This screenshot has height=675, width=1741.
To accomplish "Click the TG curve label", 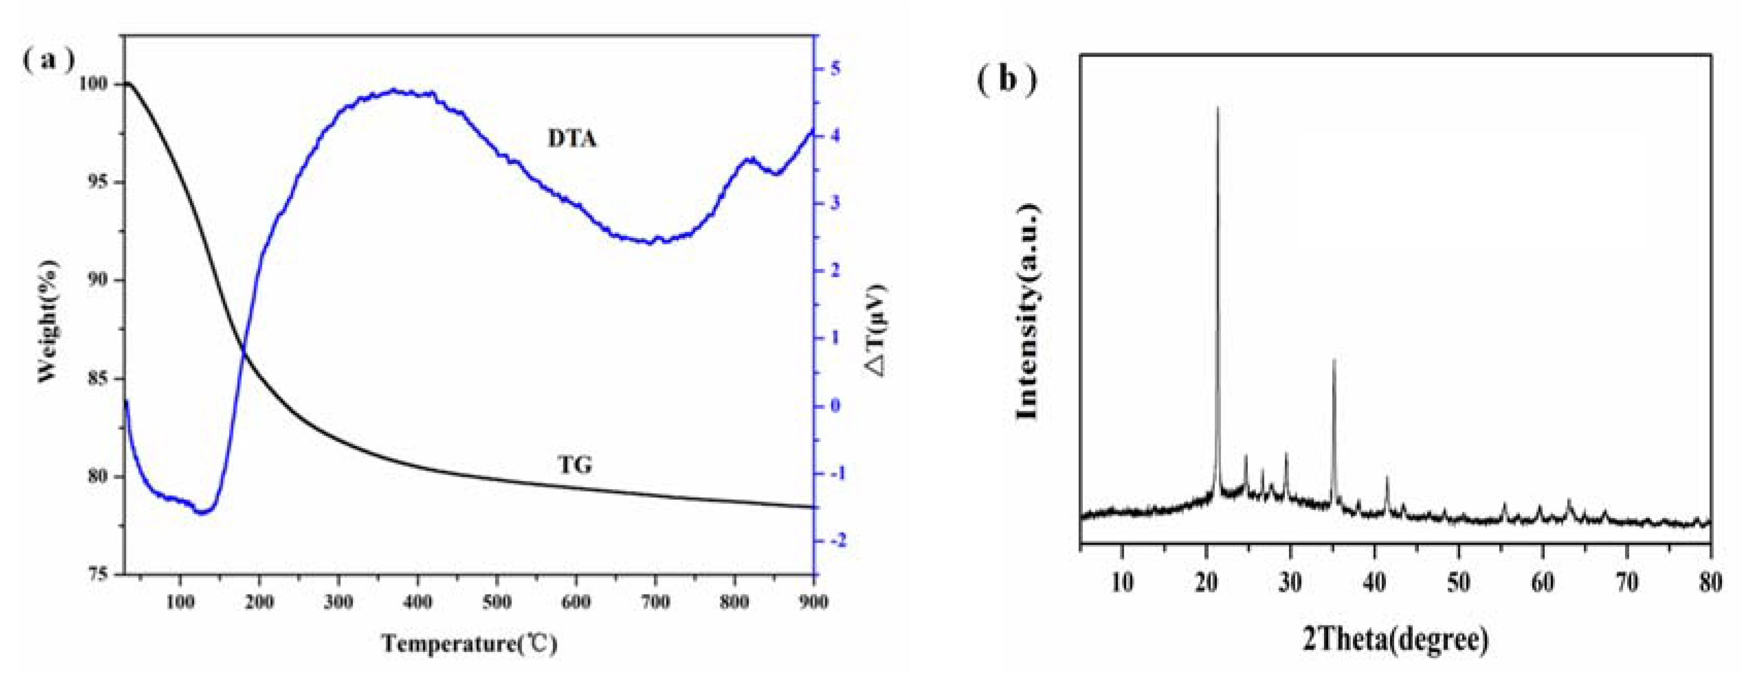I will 575,465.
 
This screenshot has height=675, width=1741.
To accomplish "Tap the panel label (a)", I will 48,60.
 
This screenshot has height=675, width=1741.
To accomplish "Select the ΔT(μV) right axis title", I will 877,330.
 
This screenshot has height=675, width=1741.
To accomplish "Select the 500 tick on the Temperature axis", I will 497,601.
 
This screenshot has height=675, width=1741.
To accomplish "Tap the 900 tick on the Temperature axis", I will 812,601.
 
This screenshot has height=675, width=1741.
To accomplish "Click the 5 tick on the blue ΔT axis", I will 835,68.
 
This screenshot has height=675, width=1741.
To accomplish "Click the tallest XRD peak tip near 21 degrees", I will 1218,108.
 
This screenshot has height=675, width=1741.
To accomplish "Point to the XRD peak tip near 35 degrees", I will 1333,360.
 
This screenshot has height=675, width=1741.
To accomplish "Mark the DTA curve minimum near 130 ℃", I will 202,513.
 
